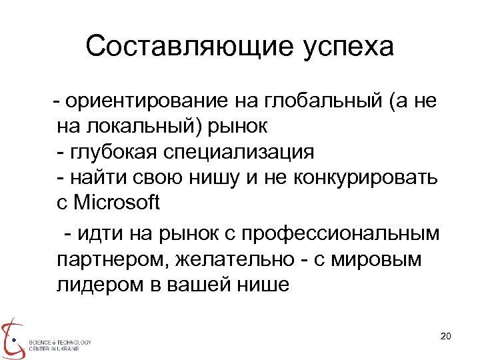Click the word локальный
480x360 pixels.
point(137,126)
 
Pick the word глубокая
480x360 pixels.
point(114,151)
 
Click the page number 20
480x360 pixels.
point(446,335)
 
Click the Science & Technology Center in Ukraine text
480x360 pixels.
point(59,345)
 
